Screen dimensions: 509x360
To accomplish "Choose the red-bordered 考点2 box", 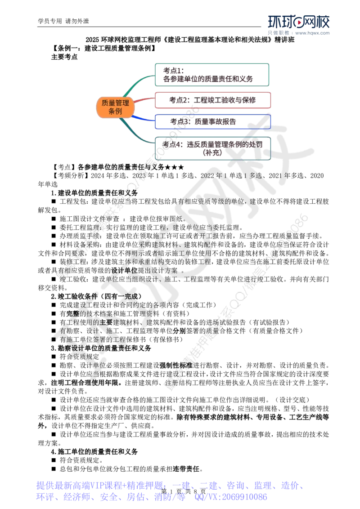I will click(213, 100).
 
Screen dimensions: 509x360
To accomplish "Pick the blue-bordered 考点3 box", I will click(213, 122).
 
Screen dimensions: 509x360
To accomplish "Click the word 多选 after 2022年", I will click(255, 175).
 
